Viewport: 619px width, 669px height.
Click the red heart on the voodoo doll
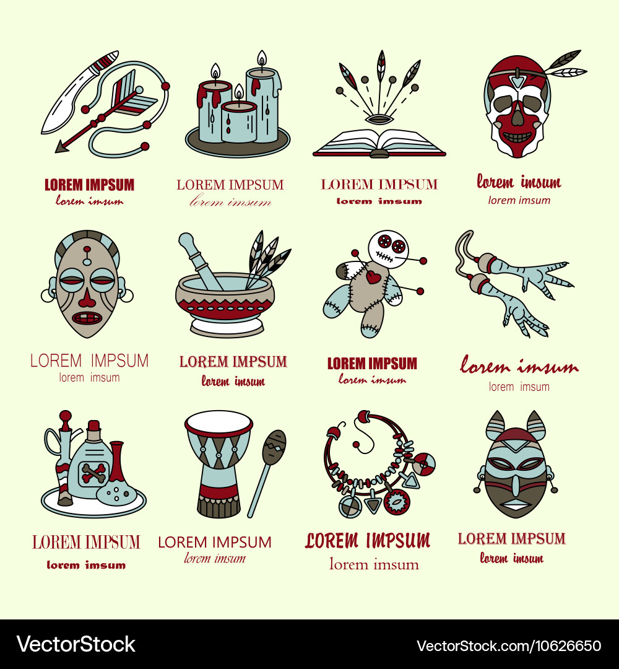pos(373,277)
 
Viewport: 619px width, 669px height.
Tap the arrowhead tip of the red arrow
pos(56,151)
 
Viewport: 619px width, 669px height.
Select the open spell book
pos(379,143)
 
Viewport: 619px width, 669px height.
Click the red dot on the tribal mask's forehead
pos(87,249)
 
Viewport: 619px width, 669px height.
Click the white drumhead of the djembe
pos(219,423)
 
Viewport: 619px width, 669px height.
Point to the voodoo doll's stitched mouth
pos(384,257)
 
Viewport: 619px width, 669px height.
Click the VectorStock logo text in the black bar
pos(76,644)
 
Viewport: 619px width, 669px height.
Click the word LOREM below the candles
pos(201,185)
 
